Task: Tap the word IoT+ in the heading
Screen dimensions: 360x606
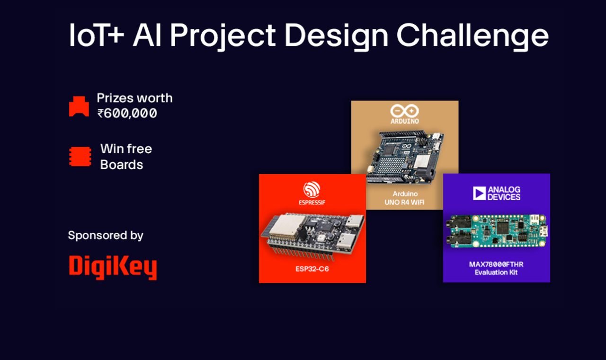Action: point(97,35)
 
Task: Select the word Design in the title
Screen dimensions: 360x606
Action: point(336,35)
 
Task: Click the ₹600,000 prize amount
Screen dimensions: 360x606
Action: point(127,114)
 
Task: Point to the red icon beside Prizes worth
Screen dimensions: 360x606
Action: point(79,106)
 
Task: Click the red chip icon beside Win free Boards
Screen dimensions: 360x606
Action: point(80,157)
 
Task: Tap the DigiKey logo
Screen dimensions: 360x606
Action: point(113,267)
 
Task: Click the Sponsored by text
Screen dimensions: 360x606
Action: point(106,235)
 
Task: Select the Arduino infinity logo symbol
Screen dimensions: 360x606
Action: point(404,111)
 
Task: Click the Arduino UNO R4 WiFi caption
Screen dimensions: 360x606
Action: point(405,199)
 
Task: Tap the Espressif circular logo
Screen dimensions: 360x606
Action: point(312,190)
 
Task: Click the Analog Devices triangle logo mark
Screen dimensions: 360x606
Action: point(479,193)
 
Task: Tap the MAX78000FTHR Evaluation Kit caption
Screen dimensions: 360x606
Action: point(496,268)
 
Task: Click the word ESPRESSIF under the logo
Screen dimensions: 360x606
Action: point(312,202)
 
